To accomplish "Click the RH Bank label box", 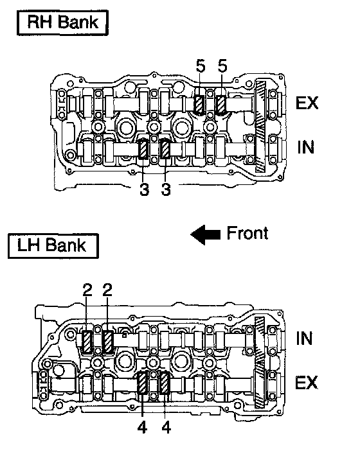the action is point(62,22).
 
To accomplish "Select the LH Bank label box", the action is point(53,246).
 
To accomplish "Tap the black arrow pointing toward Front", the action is point(206,234).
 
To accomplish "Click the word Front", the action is point(248,233).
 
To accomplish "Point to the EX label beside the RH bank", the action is point(307,103).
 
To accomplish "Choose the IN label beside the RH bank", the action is point(305,147).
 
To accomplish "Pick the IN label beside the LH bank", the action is point(304,338).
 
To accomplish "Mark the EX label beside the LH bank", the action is point(306,382).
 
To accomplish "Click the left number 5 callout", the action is point(200,66).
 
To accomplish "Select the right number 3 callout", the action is point(166,189).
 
